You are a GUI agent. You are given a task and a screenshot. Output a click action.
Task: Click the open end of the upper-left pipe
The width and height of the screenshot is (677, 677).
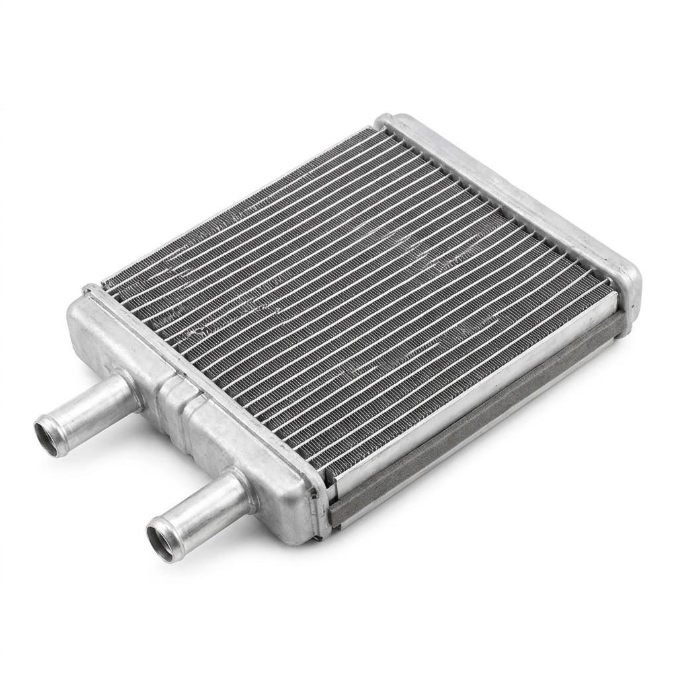coord(52,436)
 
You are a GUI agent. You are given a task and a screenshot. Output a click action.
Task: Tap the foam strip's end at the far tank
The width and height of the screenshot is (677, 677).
coord(618,324)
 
